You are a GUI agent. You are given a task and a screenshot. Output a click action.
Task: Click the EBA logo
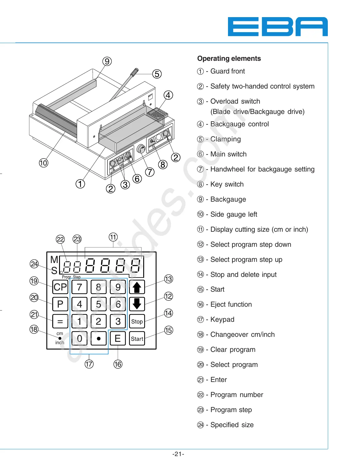click(x=278, y=27)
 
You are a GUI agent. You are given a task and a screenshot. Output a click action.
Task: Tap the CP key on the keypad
click(x=60, y=287)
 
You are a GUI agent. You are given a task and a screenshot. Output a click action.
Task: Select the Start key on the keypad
click(x=137, y=339)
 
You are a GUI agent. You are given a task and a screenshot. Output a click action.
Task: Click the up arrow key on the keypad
click(x=137, y=287)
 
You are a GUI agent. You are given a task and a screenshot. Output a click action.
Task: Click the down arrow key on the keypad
click(x=137, y=304)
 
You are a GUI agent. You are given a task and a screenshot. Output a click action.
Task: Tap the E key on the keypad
click(x=118, y=339)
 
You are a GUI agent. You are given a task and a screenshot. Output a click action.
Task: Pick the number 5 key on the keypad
click(x=99, y=304)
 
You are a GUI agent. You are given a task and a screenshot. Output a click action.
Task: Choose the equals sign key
click(x=60, y=321)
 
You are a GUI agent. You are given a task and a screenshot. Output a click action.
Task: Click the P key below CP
click(x=60, y=304)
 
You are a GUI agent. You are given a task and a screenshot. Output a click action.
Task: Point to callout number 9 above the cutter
click(x=107, y=61)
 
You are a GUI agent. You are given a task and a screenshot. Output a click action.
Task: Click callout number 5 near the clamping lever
click(x=157, y=74)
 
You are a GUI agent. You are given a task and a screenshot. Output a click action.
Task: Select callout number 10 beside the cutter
click(x=43, y=163)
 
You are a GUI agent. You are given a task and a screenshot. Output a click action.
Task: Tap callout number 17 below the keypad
click(x=89, y=364)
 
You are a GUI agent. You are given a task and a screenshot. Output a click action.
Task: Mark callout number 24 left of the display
click(x=35, y=264)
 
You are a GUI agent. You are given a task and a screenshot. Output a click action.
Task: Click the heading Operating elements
click(x=229, y=58)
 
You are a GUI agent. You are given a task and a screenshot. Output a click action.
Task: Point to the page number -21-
click(x=178, y=454)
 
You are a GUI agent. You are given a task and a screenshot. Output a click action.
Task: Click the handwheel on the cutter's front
click(x=141, y=149)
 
